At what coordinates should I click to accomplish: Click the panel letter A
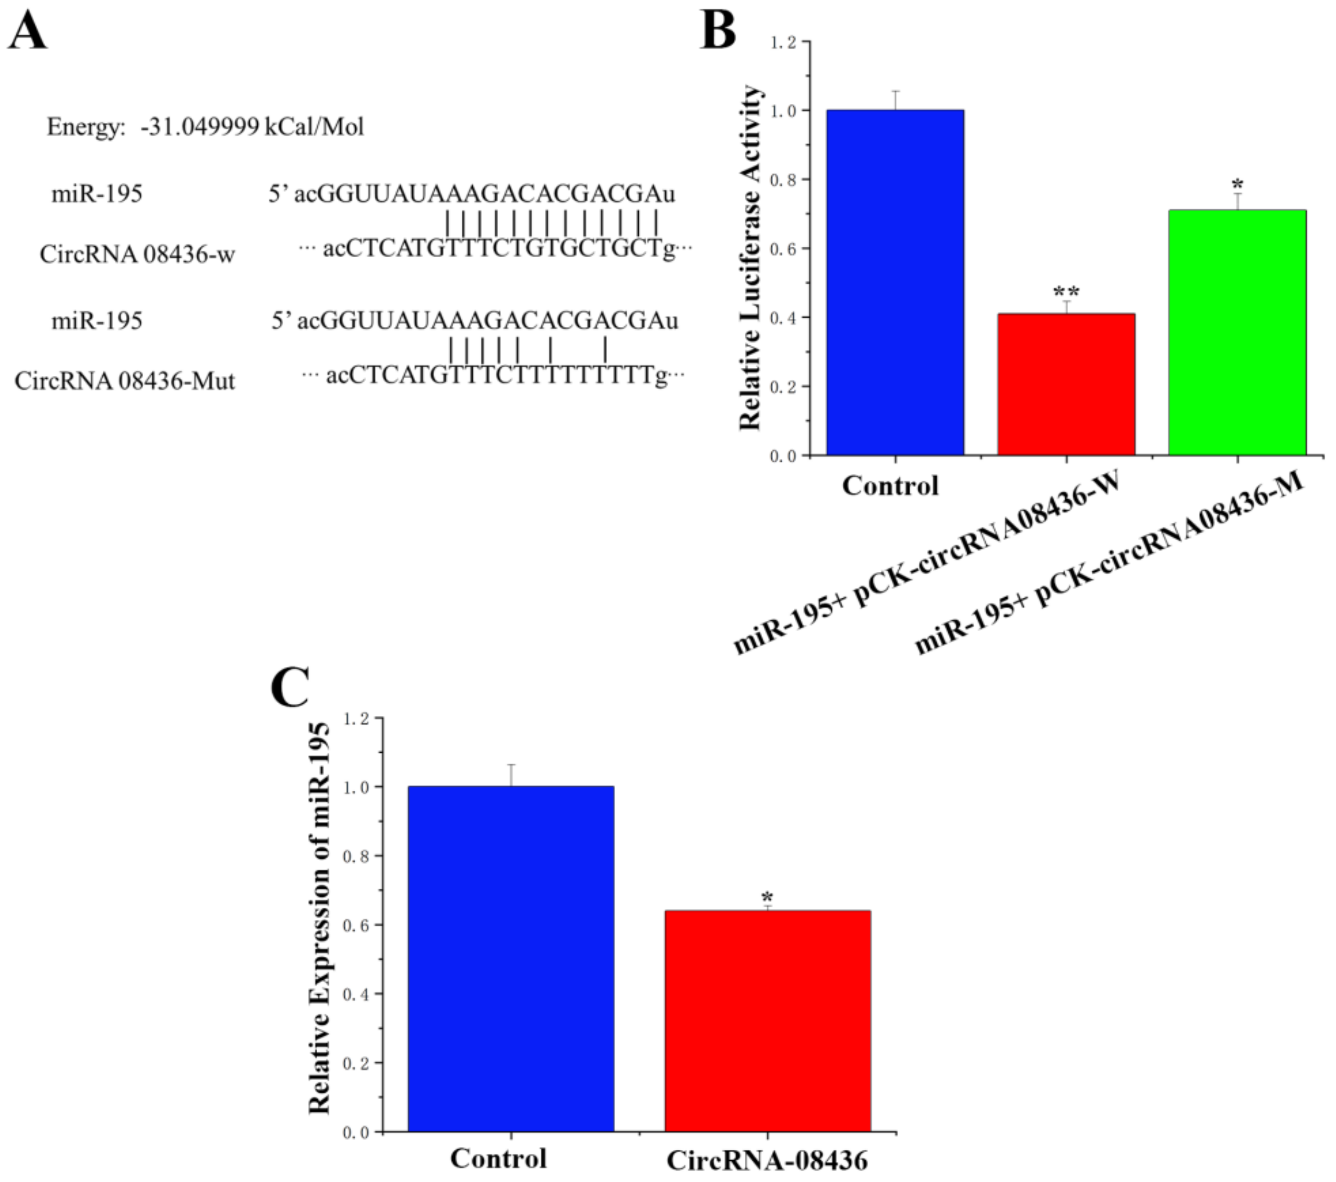pos(28,31)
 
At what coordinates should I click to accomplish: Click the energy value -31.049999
pos(199,126)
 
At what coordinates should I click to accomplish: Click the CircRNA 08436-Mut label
pos(124,380)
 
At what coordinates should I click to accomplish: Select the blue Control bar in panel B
pos(895,282)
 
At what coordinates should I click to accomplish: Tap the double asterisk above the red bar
pos(1066,292)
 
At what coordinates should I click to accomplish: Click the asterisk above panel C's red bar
pos(767,898)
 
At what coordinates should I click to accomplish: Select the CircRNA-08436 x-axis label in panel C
pos(767,1161)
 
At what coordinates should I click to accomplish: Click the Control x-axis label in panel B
pos(890,485)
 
